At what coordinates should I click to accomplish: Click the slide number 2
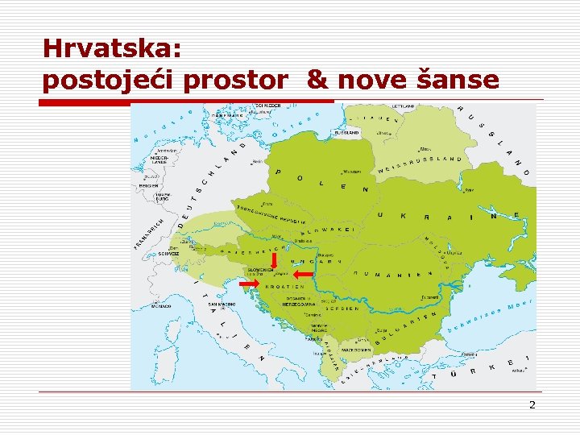(x=532, y=404)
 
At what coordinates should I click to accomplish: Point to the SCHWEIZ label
(x=168, y=253)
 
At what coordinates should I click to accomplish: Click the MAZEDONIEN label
(x=354, y=351)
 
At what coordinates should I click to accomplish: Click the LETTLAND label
(x=402, y=106)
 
